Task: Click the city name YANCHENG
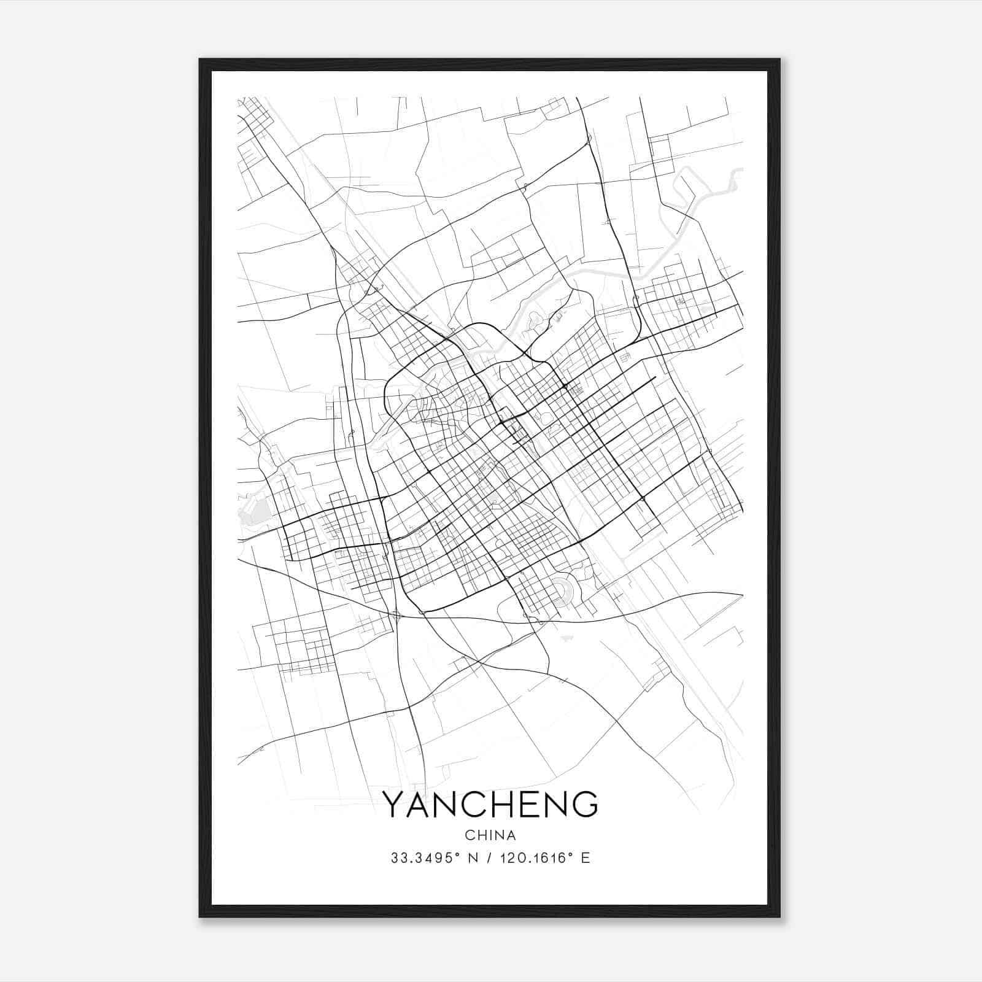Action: [x=490, y=804]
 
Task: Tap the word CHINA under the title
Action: [x=490, y=835]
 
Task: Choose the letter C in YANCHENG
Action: [x=474, y=804]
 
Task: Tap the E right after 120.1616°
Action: [x=585, y=858]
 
